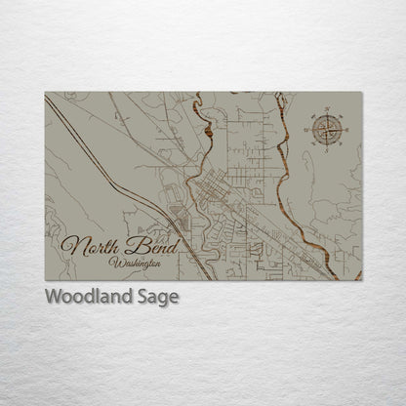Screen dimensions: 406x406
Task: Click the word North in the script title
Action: pos(91,246)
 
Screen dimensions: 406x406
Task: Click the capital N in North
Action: pos(71,245)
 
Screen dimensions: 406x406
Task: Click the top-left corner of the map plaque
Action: pos(46,93)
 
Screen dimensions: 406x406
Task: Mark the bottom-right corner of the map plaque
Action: pos(361,280)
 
